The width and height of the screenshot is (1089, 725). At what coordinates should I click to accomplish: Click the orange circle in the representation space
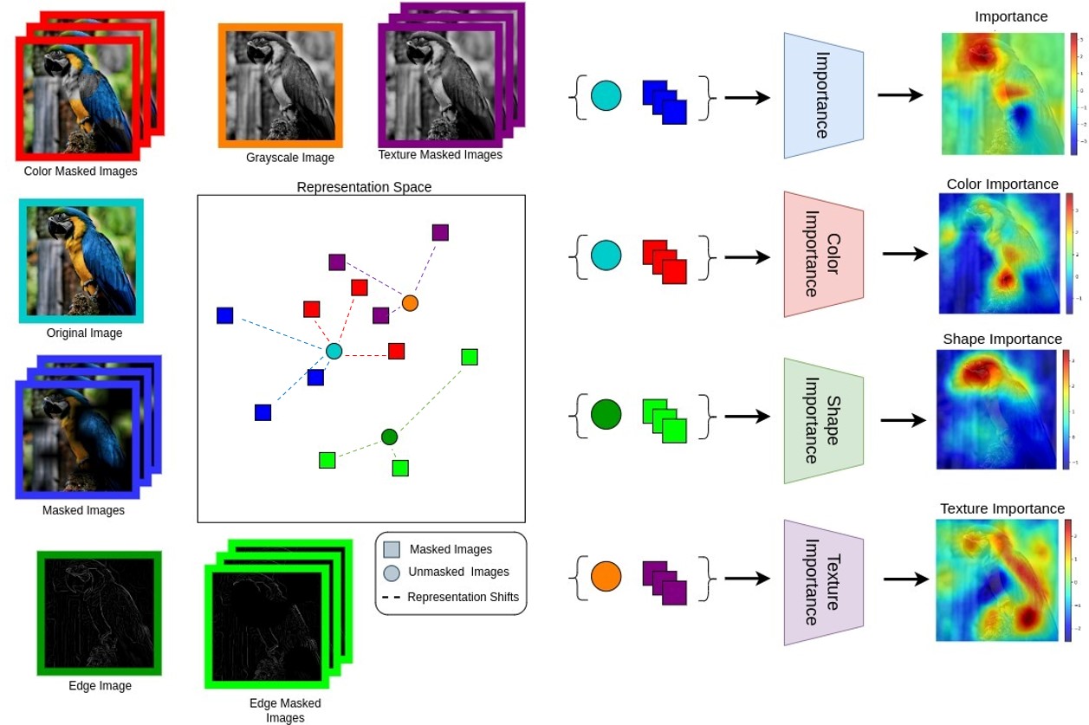410,303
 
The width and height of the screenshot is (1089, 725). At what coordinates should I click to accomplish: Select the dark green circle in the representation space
389,437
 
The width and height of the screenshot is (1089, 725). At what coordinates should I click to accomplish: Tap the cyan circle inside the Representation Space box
334,351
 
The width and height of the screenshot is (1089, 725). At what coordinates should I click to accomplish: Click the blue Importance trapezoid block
823,95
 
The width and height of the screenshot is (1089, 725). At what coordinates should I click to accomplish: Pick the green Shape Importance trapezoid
823,420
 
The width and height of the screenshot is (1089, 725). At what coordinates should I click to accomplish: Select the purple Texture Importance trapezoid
823,582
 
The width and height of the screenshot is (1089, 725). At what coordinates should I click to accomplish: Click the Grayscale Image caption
289,158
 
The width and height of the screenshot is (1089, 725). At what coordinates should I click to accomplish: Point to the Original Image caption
84,333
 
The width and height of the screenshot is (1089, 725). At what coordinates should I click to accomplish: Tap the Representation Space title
364,186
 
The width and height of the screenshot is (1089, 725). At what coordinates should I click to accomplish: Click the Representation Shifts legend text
463,597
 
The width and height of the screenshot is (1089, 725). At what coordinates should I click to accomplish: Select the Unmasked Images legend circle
392,573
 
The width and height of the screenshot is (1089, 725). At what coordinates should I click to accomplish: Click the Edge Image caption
100,686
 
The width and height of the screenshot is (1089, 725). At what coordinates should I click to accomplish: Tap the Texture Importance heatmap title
1002,508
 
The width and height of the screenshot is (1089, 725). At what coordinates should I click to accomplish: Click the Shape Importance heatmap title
1002,339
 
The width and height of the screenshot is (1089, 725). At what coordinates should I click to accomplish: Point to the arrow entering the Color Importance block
747,257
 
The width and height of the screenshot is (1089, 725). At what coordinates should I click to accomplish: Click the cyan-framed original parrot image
81,261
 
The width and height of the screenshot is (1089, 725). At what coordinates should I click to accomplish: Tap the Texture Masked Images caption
440,155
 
